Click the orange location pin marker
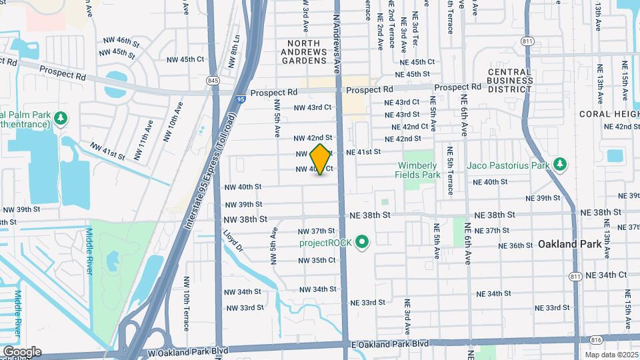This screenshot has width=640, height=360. [321, 159]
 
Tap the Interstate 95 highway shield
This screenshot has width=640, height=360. [240, 98]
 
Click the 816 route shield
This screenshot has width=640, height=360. [595, 339]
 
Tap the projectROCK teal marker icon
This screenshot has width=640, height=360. [362, 242]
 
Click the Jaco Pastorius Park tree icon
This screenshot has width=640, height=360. [561, 164]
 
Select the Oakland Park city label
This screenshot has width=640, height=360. [569, 244]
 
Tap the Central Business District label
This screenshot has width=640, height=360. [510, 80]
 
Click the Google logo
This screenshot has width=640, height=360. [21, 352]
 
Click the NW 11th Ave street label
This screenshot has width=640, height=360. [143, 147]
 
